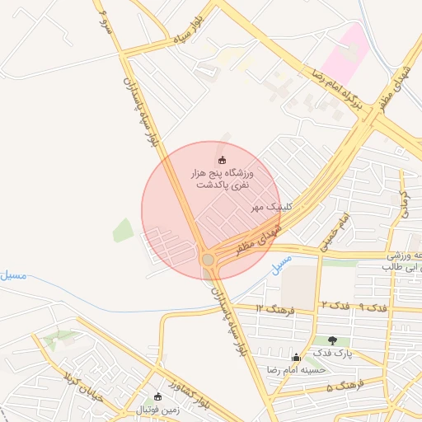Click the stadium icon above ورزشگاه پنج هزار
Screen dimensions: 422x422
pos(221,160)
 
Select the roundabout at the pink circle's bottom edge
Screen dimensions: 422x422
pos(209,260)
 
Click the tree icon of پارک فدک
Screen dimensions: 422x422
pos(333,340)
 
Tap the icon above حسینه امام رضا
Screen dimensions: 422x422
pos(297,357)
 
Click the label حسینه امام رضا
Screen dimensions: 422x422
pos(282,369)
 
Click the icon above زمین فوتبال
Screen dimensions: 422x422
pos(158,396)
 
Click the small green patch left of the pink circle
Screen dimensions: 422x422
pos(123,230)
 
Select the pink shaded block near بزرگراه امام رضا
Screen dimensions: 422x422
pos(345,54)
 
